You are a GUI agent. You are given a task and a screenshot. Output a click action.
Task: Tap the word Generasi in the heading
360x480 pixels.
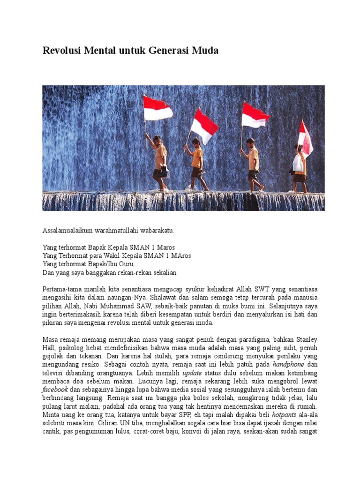[170, 51]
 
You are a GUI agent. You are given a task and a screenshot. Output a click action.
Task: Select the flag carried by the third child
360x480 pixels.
[255, 115]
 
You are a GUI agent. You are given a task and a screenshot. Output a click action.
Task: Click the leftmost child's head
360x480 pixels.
[156, 139]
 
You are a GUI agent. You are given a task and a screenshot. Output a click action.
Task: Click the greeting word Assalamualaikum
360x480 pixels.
[68, 231]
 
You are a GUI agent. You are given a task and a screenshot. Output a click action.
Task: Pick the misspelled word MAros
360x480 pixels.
[180, 255]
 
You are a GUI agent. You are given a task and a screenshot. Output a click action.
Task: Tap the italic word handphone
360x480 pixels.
[289, 364]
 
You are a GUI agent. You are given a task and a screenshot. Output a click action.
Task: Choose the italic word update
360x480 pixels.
[192, 373]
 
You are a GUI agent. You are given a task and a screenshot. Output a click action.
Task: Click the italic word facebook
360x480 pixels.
[55, 390]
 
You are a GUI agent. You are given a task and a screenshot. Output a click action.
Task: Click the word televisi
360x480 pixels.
[55, 373]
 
